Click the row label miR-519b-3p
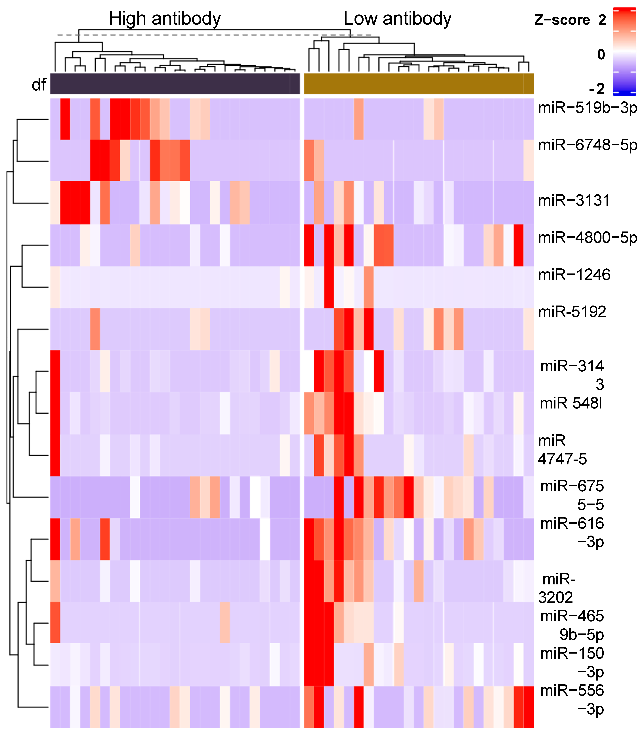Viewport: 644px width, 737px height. [587, 108]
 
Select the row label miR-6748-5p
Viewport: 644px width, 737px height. [587, 145]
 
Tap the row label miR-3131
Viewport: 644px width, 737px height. [574, 200]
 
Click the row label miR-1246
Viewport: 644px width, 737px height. [574, 275]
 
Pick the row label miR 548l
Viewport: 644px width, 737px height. [571, 403]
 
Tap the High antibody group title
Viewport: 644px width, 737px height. [165, 19]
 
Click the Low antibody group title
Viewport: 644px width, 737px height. [397, 19]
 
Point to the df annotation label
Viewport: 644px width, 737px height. [39, 85]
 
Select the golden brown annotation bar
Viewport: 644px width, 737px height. [419, 84]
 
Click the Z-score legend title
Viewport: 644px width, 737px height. [562, 20]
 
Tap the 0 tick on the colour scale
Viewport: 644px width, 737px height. [601, 55]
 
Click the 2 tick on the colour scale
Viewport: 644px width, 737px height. [602, 20]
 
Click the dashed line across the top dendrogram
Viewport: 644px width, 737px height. [216, 35]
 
